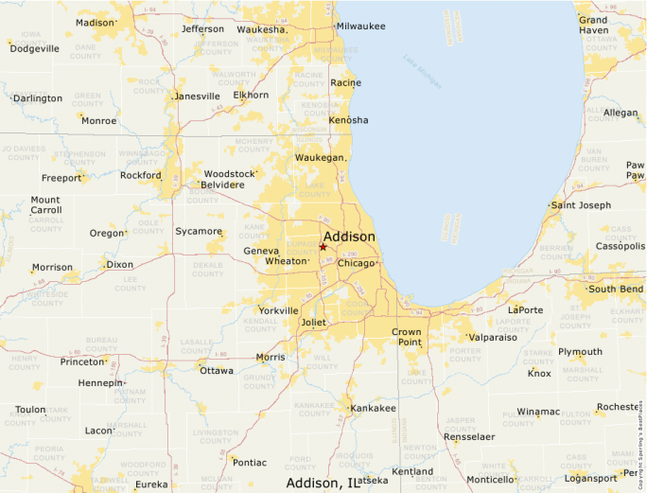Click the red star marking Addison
tap(323, 247)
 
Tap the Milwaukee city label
tap(360, 26)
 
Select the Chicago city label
tap(356, 263)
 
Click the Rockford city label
tap(141, 175)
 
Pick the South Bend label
tap(615, 289)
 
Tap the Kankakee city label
tap(373, 408)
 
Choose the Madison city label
tap(94, 23)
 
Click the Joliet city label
tap(312, 323)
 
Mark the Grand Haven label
tap(593, 25)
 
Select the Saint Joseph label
tap(581, 205)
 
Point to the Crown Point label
tap(407, 337)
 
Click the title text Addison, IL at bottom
tap(323, 484)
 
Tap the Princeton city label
tap(81, 361)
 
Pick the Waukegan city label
tap(320, 157)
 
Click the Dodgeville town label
tap(34, 48)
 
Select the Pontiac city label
tap(250, 463)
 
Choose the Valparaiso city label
tap(493, 337)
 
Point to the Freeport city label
tap(61, 178)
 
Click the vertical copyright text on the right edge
tap(640, 444)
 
